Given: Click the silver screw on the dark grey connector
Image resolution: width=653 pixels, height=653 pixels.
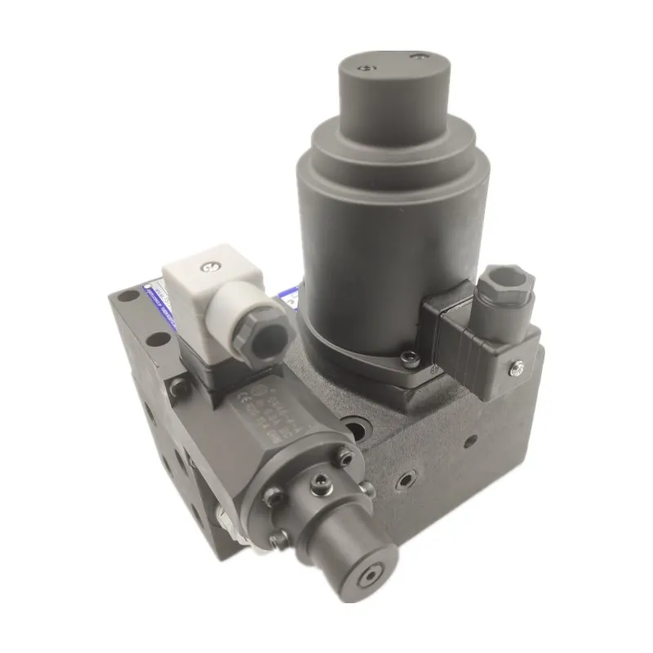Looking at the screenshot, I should point(517,370).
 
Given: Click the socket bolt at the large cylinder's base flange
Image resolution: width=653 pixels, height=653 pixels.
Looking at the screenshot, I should point(409,356).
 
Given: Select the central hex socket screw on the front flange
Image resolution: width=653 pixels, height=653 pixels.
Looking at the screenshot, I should point(320,485).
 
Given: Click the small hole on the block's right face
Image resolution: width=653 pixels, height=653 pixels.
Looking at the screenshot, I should point(470,440).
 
